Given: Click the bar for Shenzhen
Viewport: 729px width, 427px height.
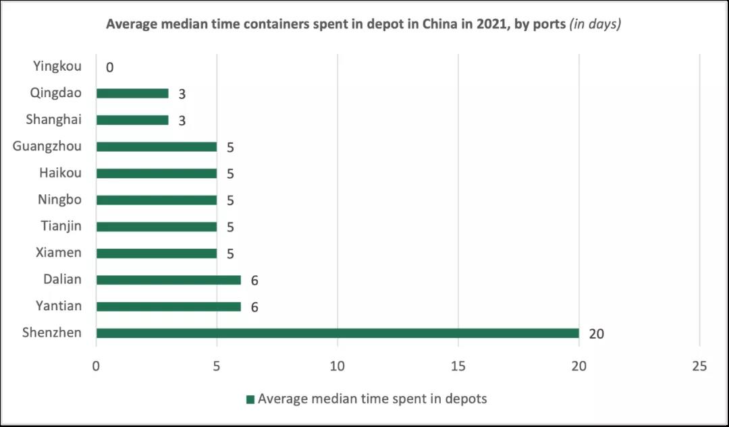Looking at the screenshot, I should point(337,333).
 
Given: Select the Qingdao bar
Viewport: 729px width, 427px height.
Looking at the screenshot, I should point(132,93).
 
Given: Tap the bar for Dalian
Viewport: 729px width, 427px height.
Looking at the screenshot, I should point(169,280).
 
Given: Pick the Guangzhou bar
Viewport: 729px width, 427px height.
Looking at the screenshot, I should point(157,146).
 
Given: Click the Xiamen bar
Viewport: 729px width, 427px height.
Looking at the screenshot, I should point(157,253).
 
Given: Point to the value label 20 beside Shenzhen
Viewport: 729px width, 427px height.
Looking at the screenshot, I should point(596,334).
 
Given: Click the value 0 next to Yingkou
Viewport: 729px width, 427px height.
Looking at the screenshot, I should point(109,67).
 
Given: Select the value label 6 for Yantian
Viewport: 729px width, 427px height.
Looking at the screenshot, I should point(254,307).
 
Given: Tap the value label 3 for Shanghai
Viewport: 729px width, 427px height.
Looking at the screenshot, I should point(182,121).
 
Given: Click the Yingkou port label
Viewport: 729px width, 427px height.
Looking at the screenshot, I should point(57,66).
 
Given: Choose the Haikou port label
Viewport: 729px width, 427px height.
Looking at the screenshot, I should point(60,173).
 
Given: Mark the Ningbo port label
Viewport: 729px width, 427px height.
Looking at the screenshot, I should point(59,200).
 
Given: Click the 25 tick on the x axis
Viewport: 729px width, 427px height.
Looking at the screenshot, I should point(699,366).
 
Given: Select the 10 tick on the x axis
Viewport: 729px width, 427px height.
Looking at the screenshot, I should point(337,366).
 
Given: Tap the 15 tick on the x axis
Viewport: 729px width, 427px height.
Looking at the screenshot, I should point(458,366).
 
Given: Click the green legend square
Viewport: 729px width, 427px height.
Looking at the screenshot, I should point(250,399).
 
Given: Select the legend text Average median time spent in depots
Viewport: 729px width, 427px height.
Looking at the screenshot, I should point(372,399).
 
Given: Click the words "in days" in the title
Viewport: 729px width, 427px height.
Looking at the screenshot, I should point(595,24).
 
